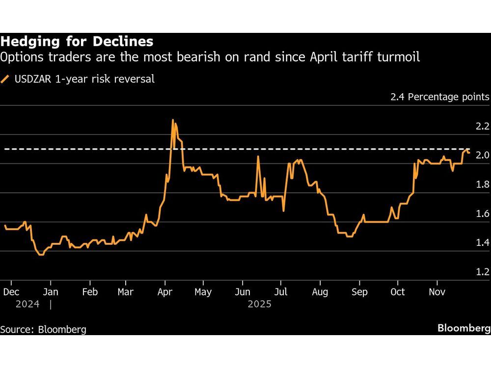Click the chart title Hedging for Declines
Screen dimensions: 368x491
point(77,41)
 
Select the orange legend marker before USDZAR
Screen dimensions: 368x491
point(5,79)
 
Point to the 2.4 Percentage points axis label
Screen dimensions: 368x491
point(439,97)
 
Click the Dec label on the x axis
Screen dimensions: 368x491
point(11,292)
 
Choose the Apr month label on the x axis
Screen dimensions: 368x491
point(165,292)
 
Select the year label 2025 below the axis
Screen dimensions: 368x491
point(259,304)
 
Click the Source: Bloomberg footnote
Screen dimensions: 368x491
point(43,329)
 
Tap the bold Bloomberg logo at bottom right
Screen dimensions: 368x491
point(464,328)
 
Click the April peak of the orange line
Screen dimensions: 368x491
point(173,120)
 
